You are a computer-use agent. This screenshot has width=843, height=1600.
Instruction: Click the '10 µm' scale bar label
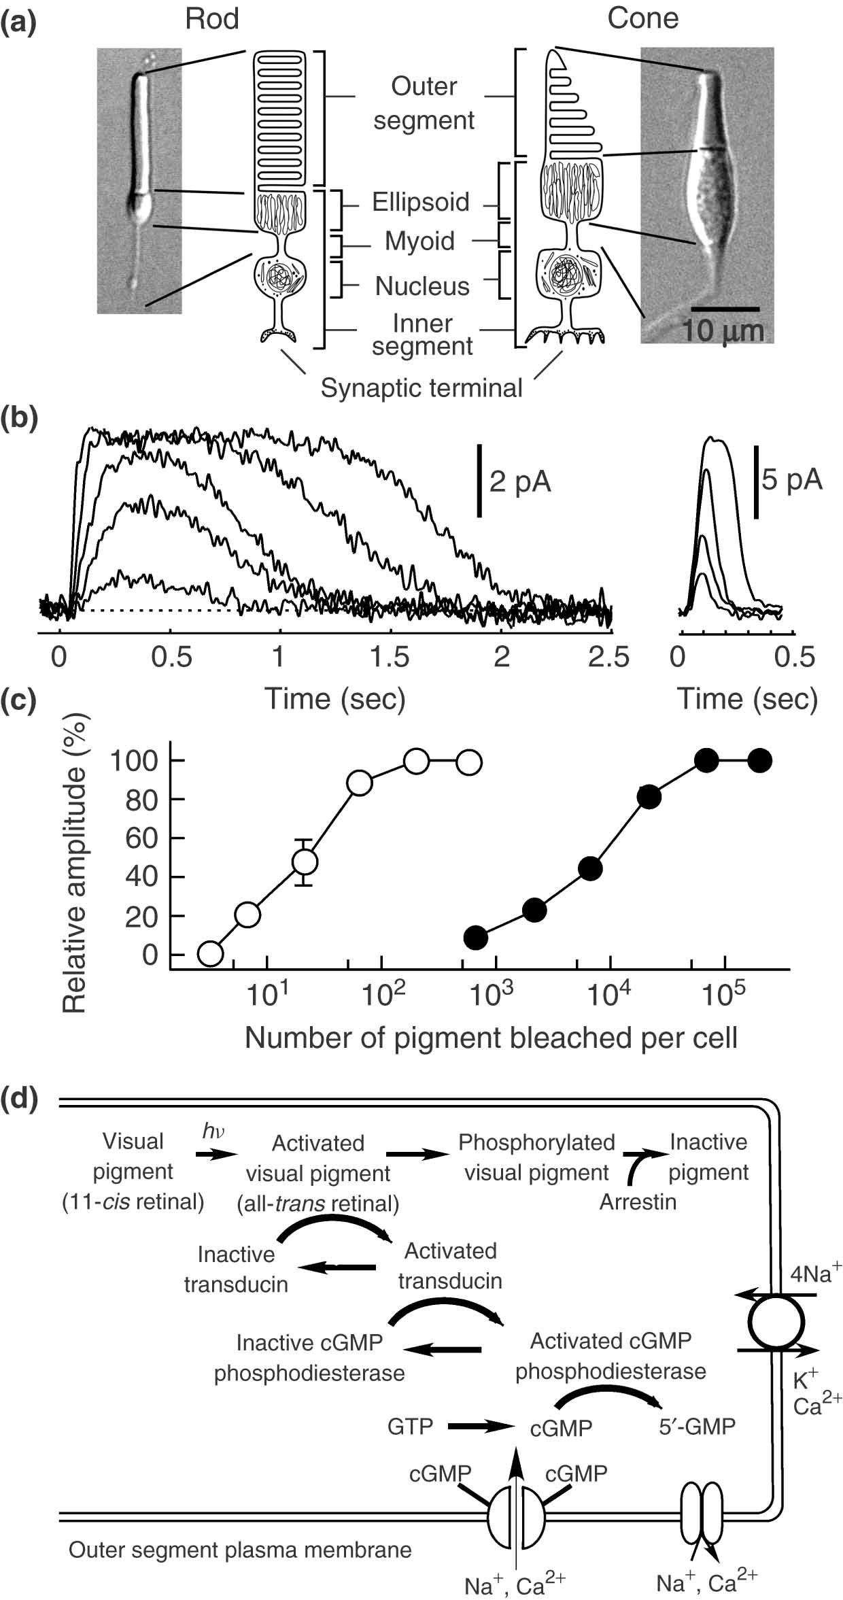723,331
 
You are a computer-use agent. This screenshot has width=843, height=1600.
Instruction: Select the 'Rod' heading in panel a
212,18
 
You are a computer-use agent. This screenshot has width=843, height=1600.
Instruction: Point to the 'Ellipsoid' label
420,202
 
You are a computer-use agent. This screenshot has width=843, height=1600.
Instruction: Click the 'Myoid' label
419,241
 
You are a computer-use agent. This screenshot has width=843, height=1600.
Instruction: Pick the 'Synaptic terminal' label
421,388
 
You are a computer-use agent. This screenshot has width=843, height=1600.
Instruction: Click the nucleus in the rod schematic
280,275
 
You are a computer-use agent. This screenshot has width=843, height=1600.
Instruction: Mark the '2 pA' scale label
520,481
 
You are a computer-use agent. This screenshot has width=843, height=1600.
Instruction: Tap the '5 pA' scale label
792,479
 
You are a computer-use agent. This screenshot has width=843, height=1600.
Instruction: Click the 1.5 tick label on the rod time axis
390,658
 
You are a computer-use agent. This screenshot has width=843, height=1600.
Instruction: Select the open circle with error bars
305,862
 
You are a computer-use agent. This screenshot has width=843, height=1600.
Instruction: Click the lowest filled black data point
476,938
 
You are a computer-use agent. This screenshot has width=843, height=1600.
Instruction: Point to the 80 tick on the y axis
141,800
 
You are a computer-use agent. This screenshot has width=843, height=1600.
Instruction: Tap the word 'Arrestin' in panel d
638,1202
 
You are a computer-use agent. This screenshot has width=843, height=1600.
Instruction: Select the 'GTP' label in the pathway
410,1426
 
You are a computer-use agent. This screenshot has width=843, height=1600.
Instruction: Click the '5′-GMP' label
697,1426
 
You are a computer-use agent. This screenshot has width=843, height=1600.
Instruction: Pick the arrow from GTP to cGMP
480,1427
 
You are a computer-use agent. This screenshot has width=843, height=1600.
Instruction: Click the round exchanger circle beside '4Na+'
776,1323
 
